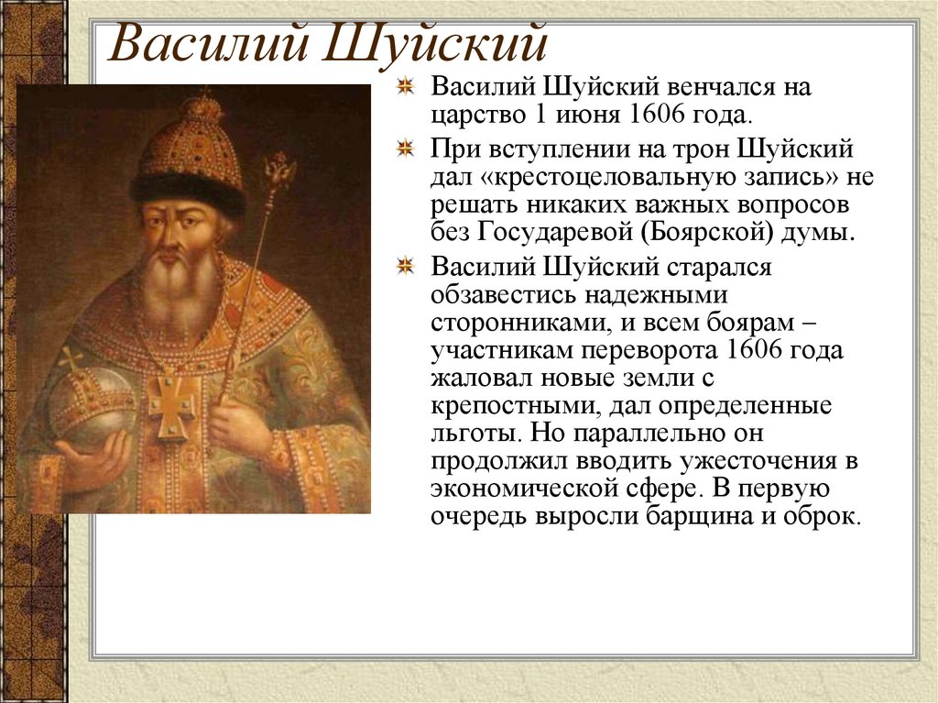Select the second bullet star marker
point(405,148)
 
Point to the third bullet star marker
point(405,267)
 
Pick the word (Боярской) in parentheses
point(718,232)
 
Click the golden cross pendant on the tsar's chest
point(172,402)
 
